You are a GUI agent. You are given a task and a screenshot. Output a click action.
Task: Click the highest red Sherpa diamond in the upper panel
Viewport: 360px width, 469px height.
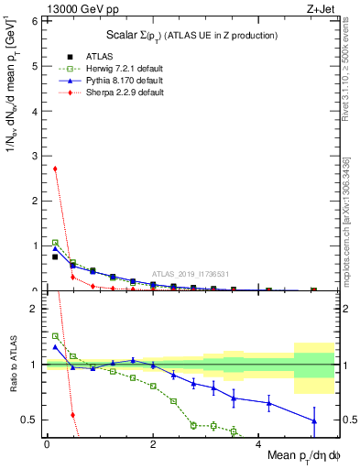pos(55,169)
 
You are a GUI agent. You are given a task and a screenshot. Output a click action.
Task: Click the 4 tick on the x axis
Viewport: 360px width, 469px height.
pos(257,443)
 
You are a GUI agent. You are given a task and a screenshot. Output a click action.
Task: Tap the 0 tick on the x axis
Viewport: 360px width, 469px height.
pos(46,443)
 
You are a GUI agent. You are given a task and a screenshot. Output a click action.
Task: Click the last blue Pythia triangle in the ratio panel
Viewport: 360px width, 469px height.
pos(313,421)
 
